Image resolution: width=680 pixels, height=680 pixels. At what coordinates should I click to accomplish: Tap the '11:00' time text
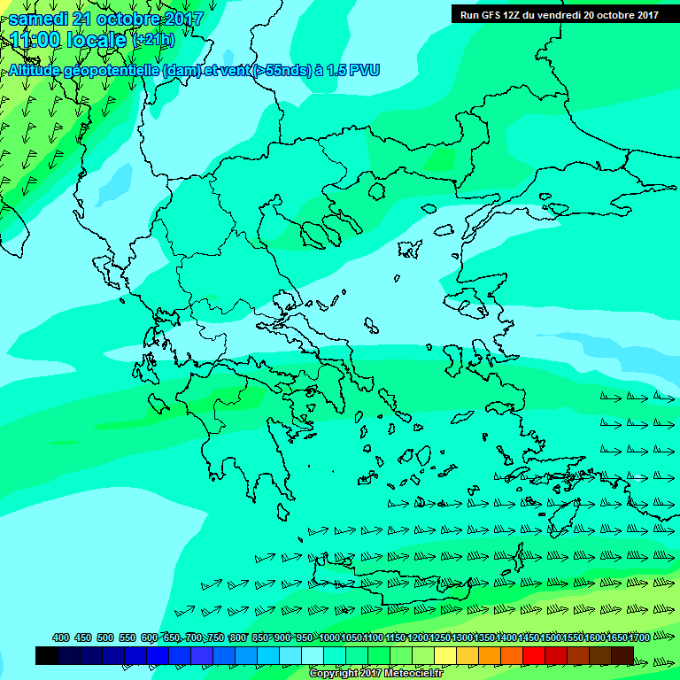click(35, 39)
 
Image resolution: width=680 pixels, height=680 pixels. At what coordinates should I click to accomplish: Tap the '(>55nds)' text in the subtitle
click(282, 70)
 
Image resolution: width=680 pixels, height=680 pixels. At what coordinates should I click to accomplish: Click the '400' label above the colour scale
click(61, 637)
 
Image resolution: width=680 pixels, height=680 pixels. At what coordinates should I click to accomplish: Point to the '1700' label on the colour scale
click(639, 637)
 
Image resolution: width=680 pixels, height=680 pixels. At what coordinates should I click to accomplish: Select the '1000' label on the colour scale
click(329, 637)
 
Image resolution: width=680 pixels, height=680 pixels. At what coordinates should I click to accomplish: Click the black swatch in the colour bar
click(47, 655)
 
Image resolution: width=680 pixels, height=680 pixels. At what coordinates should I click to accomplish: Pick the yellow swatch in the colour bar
click(445, 655)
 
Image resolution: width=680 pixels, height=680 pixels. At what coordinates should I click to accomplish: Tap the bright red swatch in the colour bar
click(534, 655)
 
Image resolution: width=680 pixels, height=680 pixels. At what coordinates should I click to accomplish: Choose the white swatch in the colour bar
click(313, 655)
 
